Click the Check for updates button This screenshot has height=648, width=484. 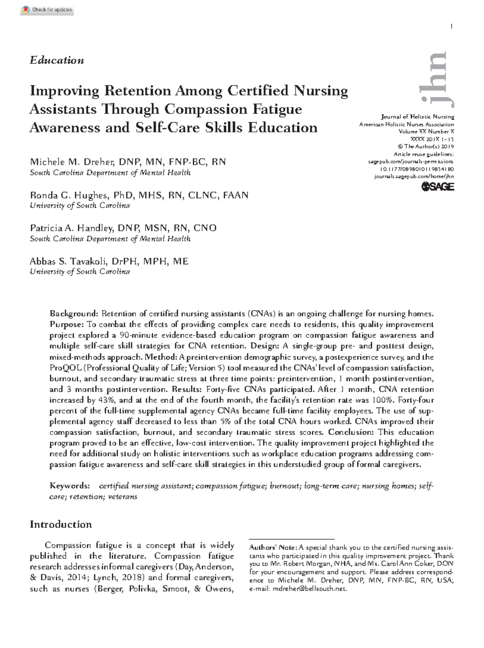47,10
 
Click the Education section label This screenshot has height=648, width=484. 57,61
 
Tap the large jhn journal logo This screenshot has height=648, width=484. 438,79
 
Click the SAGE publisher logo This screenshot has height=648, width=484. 438,186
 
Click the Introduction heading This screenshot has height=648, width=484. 61,525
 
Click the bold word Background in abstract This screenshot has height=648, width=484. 74,314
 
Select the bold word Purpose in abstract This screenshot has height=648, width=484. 67,325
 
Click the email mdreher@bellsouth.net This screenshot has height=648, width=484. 309,589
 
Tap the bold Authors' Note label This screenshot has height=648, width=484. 273,548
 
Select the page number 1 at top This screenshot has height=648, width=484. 451,27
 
